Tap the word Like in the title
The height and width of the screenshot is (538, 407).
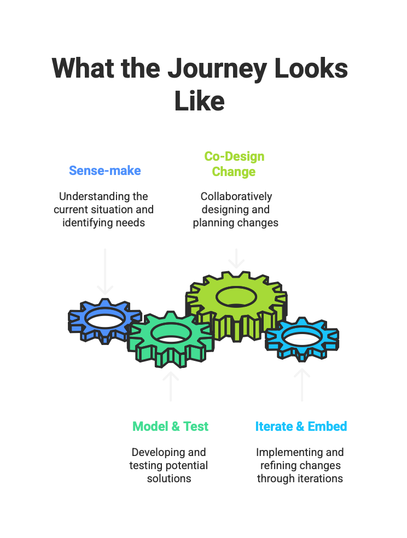coord(199,101)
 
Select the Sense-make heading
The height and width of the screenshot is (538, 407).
coord(105,171)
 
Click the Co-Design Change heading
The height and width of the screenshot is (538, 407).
coord(234,164)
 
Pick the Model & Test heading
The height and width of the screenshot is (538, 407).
coord(171,426)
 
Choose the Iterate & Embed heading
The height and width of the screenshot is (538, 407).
coord(301,426)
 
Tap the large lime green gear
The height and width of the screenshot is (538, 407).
coord(236,306)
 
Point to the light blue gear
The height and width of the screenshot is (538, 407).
coord(302,339)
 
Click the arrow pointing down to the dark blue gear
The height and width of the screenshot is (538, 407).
coord(105,272)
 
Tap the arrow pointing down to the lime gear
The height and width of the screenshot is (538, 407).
coord(236,259)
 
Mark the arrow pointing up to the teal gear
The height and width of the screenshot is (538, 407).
coord(171,387)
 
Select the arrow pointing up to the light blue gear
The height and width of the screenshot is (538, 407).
coord(302,385)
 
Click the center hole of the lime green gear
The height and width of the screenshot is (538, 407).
coord(236,297)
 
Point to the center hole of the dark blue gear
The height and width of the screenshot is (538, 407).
coord(104,318)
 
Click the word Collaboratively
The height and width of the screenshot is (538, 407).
coord(236,197)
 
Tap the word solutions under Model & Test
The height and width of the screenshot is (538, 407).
coord(169,478)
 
